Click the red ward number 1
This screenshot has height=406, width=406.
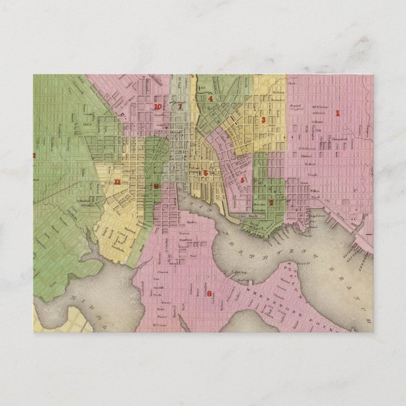point(337,114)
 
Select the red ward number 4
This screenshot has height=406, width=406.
point(212,99)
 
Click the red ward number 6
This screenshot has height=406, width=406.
point(206,172)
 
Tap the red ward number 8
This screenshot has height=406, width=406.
point(209,293)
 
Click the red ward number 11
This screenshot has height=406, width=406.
point(117,182)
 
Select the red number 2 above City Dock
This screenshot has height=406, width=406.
point(270,202)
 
